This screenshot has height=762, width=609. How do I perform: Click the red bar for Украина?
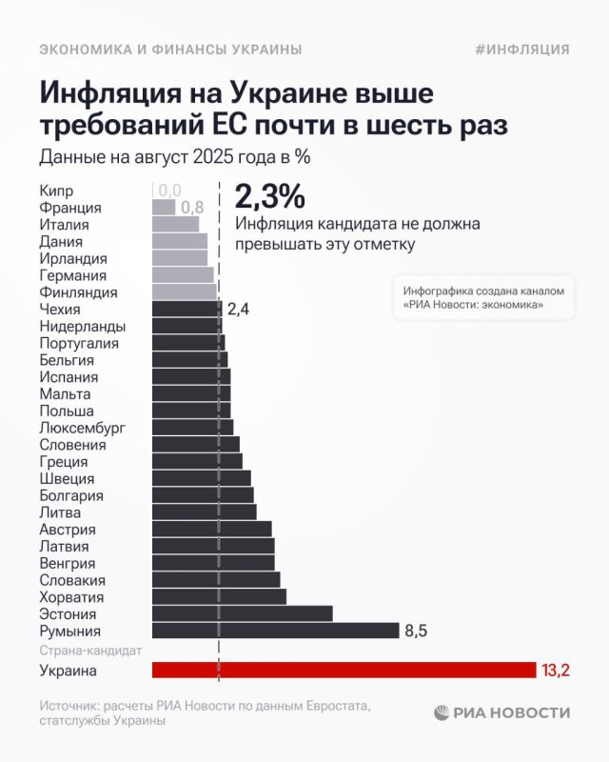[x=344, y=670]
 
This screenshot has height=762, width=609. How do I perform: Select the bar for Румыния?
[x=275, y=631]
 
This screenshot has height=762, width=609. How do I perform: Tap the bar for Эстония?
[x=242, y=613]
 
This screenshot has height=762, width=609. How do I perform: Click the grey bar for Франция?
[x=164, y=207]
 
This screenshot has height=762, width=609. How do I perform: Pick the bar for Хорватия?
[x=219, y=596]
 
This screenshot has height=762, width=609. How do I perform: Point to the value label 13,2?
[x=555, y=671]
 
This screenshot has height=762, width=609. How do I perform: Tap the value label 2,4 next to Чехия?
[x=238, y=309]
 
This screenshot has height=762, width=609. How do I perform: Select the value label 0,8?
[x=192, y=207]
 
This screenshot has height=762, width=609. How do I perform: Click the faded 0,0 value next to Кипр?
[x=169, y=190]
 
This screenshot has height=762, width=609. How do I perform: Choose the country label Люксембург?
[x=82, y=428]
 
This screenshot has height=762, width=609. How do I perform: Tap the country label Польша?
[x=67, y=411]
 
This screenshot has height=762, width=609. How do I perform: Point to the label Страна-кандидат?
[x=90, y=651]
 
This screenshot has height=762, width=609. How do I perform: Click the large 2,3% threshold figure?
[x=269, y=196]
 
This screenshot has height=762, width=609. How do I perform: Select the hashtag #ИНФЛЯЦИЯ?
[x=521, y=50]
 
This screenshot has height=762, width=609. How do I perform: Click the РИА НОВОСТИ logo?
[x=502, y=712]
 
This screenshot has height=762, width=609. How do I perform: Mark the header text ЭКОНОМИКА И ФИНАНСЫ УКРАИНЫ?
[x=170, y=50]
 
